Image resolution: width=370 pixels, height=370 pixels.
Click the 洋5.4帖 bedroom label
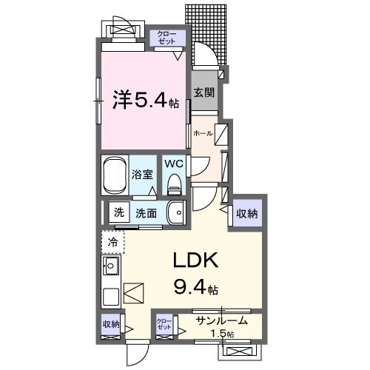[x=145, y=100]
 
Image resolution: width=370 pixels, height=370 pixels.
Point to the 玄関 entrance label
[x=204, y=92]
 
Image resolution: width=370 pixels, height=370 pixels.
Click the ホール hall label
[x=202, y=133]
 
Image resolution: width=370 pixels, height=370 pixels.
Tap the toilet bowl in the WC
[x=175, y=182]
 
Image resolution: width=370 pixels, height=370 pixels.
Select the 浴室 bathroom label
[x=142, y=175]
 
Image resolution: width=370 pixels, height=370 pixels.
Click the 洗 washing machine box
[x=118, y=213]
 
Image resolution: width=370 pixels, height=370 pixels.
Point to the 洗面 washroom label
[x=146, y=213]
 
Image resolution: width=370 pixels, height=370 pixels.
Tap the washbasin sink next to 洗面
[x=175, y=213]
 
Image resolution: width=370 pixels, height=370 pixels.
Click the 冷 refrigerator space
[x=113, y=241]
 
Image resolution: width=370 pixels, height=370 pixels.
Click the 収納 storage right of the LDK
[x=247, y=214]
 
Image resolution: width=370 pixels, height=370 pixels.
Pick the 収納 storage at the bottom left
[x=111, y=323]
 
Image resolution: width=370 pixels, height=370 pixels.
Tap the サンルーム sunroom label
[x=221, y=321]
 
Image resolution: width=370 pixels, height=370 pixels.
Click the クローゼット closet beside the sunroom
[x=164, y=324]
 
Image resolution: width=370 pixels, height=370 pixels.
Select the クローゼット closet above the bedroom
[x=164, y=38]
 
